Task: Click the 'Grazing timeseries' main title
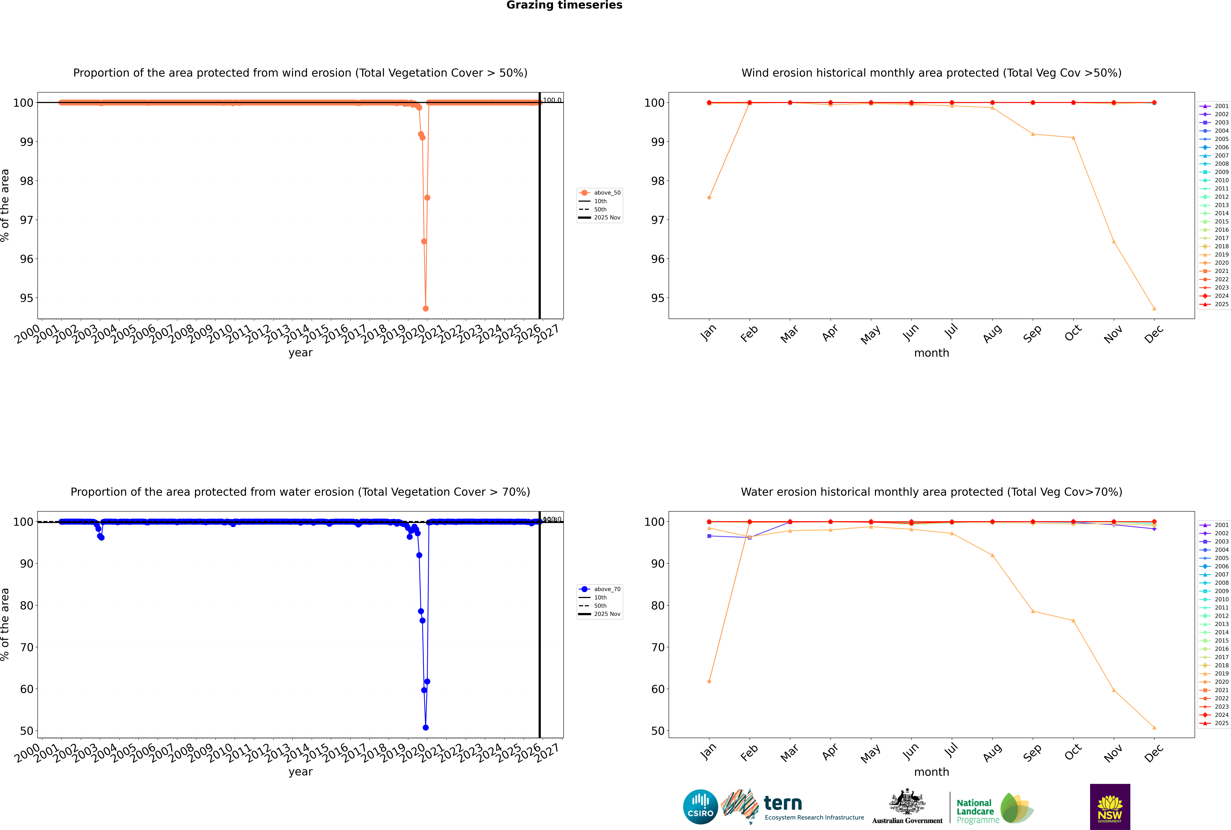pos(564,5)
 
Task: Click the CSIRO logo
pos(700,807)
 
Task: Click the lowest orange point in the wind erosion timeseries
pos(426,309)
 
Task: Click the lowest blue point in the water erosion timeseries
pos(426,728)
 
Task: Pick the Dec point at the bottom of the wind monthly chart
pos(1154,309)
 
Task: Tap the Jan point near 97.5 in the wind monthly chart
pos(709,197)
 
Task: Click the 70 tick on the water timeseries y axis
pos(26,647)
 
